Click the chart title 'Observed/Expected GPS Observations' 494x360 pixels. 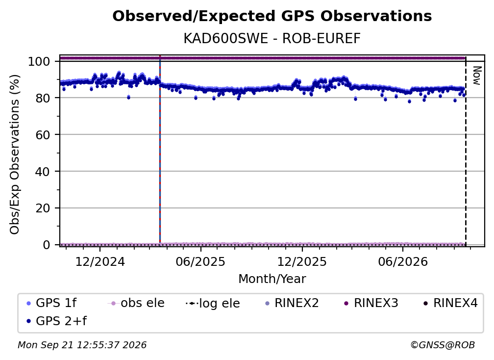click(272, 16)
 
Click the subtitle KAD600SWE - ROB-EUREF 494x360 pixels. click(272, 38)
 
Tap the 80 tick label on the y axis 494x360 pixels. click(43, 98)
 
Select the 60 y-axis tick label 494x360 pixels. click(43, 134)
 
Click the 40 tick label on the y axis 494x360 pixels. click(43, 172)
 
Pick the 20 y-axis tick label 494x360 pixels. click(43, 208)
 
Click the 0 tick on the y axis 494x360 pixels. click(46, 245)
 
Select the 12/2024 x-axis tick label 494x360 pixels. click(100, 262)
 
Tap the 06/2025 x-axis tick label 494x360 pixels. click(201, 262)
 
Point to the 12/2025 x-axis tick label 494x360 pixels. click(302, 262)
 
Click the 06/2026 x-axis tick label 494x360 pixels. click(403, 262)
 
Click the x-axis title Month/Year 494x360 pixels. click(272, 279)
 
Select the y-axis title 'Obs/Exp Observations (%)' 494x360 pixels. click(15, 154)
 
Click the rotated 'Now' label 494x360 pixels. click(477, 76)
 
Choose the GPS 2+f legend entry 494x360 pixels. click(56, 321)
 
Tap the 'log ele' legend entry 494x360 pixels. click(213, 303)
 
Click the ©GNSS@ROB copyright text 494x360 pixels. click(443, 345)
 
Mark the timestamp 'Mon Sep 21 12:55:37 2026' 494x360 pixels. click(82, 345)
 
